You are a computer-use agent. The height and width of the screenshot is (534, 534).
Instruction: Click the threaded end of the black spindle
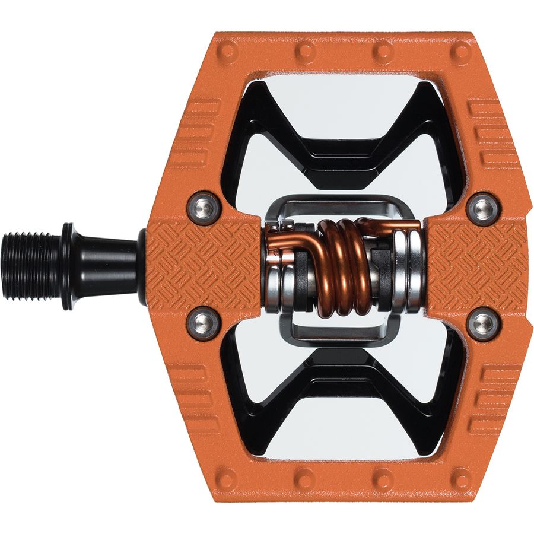tap(30, 265)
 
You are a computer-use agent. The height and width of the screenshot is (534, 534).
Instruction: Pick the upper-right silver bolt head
tap(482, 207)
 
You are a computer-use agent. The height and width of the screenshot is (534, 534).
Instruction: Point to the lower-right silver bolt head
tap(482, 323)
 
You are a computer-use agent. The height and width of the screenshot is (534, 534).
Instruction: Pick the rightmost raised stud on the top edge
tap(460, 52)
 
